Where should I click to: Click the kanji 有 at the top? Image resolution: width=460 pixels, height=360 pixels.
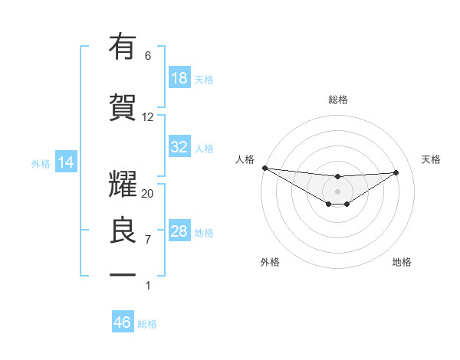(x=123, y=47)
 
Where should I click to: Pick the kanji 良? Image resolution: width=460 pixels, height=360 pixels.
(x=123, y=231)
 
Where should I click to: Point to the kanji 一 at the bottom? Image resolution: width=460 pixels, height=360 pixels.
(x=123, y=274)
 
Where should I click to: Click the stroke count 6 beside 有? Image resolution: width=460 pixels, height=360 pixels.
(x=147, y=56)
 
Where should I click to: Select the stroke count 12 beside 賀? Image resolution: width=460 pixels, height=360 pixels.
(x=148, y=117)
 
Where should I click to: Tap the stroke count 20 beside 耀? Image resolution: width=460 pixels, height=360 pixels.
(x=148, y=194)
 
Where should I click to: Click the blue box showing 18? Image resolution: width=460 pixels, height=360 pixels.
(x=179, y=77)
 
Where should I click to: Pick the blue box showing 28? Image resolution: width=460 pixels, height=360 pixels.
(x=179, y=231)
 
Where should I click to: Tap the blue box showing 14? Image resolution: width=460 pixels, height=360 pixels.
(x=65, y=162)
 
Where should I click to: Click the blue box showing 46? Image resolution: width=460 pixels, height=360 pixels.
(x=123, y=322)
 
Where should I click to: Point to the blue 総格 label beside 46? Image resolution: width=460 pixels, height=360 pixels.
(x=147, y=324)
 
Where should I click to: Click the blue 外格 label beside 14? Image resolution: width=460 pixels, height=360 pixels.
(x=41, y=164)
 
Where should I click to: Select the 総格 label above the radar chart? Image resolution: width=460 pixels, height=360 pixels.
(x=337, y=100)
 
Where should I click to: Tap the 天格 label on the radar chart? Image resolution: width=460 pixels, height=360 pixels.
(x=432, y=159)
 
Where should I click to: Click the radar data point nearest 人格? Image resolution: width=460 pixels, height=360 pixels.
(x=264, y=168)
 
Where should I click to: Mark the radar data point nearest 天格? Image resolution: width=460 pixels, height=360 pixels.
(x=396, y=172)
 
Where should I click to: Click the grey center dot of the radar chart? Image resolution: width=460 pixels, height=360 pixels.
(x=337, y=191)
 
